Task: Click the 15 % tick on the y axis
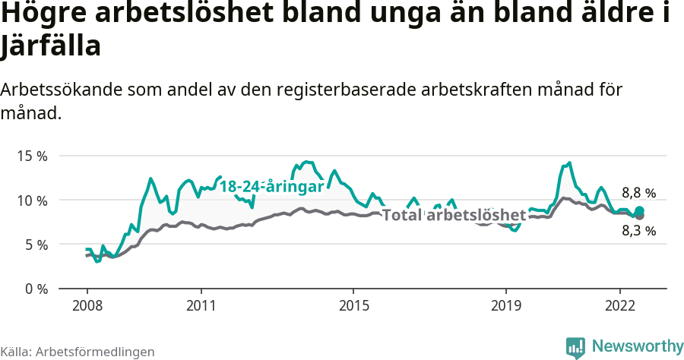click(31, 156)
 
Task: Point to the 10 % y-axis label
click(31, 201)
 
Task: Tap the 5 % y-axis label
click(35, 245)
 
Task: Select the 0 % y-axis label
click(35, 289)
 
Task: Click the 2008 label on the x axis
click(87, 305)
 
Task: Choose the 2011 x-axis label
click(201, 305)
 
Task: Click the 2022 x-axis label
click(620, 305)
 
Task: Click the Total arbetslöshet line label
click(453, 215)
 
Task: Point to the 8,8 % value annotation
click(638, 193)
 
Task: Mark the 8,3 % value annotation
click(638, 232)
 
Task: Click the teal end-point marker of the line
click(640, 210)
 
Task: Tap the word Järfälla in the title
click(51, 47)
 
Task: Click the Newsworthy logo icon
click(576, 347)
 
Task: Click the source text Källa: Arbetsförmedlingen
click(78, 352)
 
